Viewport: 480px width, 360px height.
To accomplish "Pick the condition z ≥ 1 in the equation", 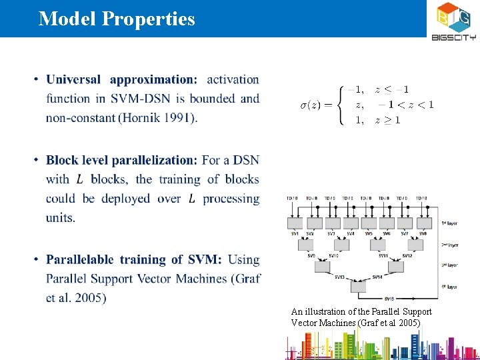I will point(387,120).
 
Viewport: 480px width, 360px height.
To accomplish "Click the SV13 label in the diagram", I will point(339,277).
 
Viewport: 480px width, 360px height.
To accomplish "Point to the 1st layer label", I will point(449,223).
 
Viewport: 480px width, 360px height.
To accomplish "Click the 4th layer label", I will point(449,287).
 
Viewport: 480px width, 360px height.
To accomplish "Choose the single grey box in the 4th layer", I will point(359,287).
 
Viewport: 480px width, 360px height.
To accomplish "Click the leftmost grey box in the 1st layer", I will point(294,223).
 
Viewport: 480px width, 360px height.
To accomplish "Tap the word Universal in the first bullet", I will point(74,79).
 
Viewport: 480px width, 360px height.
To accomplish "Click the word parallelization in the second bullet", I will point(154,160).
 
